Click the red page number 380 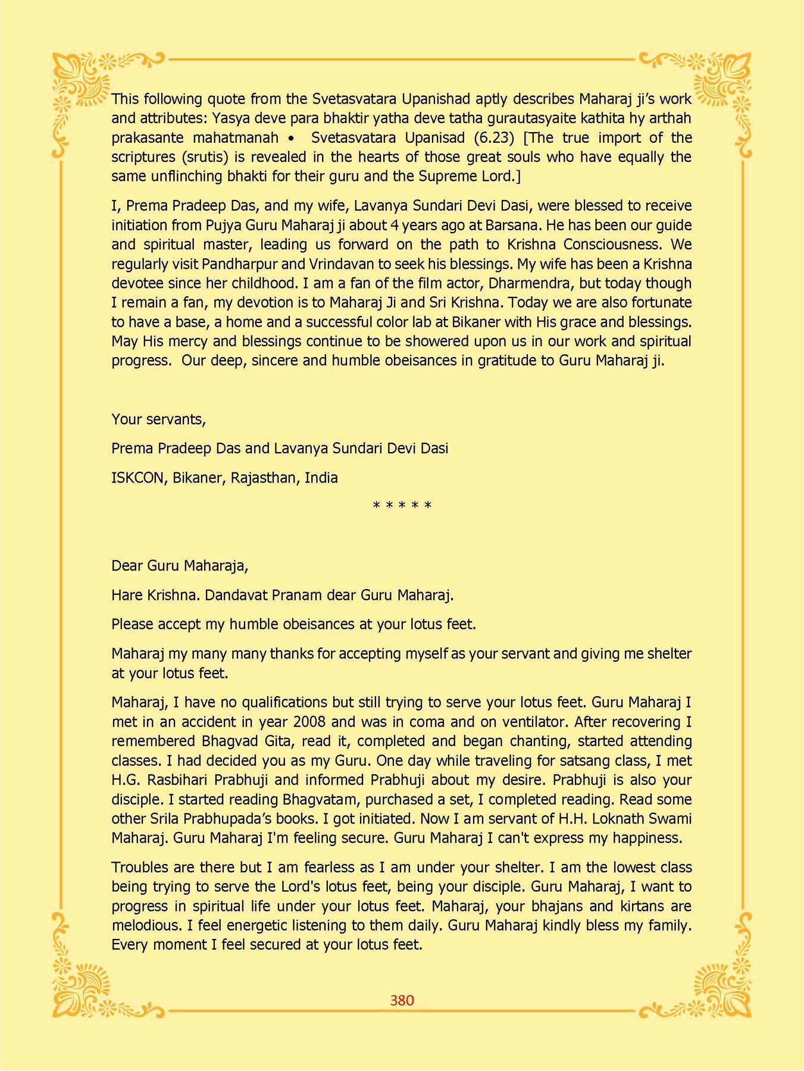tap(402, 1000)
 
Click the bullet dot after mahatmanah tap(290, 139)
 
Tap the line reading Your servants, tap(158, 419)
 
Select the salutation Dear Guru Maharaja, tap(180, 566)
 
